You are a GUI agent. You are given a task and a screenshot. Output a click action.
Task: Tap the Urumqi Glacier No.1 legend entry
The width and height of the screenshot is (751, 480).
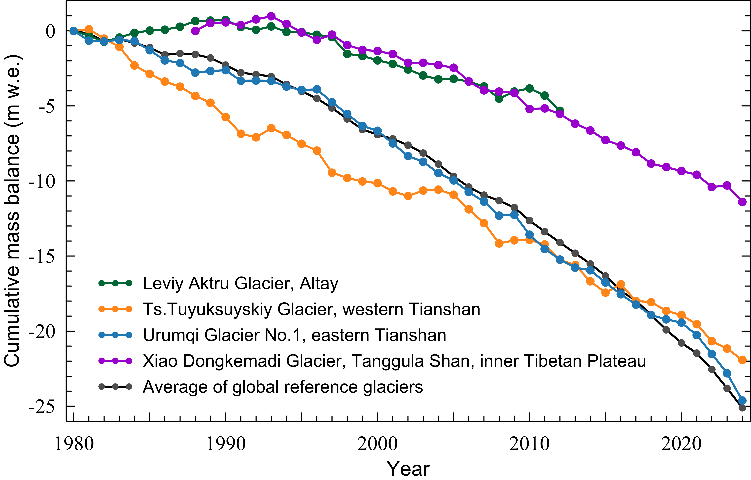pyautogui.click(x=294, y=335)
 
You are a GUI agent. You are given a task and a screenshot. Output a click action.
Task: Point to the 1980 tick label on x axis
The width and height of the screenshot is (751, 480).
pyautogui.click(x=74, y=444)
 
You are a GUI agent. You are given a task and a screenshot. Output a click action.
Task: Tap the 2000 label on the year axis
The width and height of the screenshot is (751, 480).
pyautogui.click(x=378, y=444)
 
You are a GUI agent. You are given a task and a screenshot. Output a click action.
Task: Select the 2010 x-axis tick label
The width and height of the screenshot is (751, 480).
pyautogui.click(x=529, y=444)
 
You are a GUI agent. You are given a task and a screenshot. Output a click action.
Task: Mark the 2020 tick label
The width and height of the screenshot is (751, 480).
pyautogui.click(x=681, y=444)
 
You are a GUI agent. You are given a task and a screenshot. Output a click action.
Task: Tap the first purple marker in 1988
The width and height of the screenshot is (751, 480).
pyautogui.click(x=195, y=31)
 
